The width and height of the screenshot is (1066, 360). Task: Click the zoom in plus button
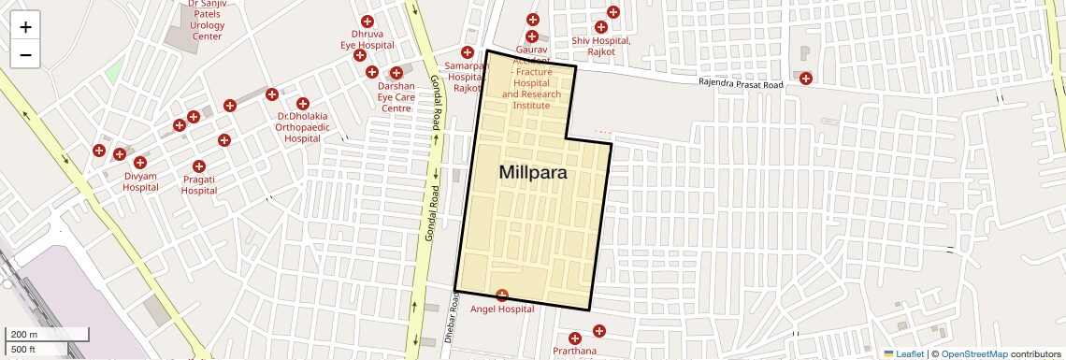coord(25,27)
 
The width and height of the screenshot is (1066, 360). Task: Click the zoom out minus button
coord(25,55)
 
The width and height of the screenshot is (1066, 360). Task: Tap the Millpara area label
coord(533,172)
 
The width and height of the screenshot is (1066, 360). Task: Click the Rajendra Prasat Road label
coord(741,83)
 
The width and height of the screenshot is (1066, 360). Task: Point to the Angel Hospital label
coord(502,309)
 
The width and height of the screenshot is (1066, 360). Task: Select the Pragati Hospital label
coord(199,184)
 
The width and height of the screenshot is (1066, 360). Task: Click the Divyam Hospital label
coord(140,181)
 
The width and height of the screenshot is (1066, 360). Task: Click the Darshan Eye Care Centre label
coord(396,96)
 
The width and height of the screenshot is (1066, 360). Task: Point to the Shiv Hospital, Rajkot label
coord(601,46)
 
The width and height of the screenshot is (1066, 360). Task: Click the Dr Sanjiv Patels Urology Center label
coord(207,20)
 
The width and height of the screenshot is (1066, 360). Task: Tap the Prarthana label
coord(574,352)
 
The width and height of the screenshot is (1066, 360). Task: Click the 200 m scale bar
coord(46,334)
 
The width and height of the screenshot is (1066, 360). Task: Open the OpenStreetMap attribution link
coord(974,353)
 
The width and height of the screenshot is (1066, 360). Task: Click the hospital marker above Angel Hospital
coord(502,295)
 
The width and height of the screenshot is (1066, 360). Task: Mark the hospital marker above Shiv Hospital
coord(613,12)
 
